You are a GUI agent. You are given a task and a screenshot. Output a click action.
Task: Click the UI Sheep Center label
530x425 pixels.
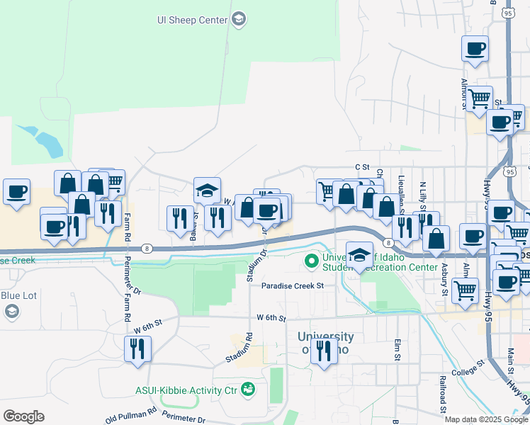pyautogui.click(x=193, y=20)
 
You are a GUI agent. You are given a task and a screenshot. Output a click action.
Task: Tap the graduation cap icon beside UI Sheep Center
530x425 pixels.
pyautogui.click(x=239, y=19)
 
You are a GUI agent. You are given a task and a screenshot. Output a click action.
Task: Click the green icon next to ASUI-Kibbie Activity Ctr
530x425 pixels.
pyautogui.click(x=247, y=388)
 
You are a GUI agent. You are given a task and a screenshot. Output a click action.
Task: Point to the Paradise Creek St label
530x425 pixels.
pyautogui.click(x=292, y=286)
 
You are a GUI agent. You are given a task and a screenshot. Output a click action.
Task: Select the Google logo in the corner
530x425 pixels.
pyautogui.click(x=23, y=416)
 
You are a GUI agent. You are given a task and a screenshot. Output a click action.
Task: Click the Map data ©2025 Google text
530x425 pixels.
pyautogui.click(x=486, y=419)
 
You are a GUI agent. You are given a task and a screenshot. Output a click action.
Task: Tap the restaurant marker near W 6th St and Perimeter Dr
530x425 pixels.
pyautogui.click(x=137, y=348)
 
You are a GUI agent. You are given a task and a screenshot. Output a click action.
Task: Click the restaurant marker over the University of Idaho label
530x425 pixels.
pyautogui.click(x=324, y=350)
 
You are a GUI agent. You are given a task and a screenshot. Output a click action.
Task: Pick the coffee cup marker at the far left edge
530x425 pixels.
pyautogui.click(x=16, y=191)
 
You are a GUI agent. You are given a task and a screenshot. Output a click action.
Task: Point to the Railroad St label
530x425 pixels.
pyautogui.click(x=441, y=393)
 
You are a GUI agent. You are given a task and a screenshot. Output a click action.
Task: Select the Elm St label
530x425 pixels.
pyautogui.click(x=397, y=349)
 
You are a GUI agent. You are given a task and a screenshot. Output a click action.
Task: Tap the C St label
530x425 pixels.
pyautogui.click(x=363, y=167)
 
